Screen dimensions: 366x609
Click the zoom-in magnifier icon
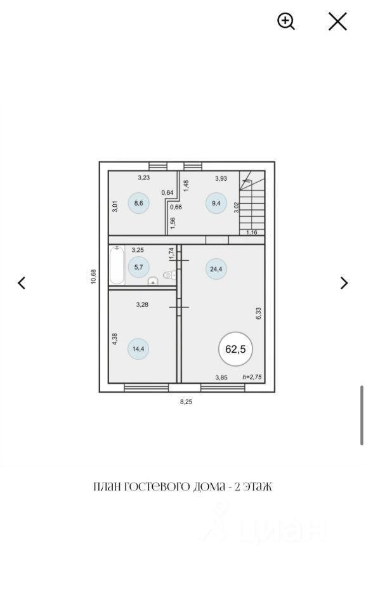tap(286, 21)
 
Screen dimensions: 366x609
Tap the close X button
tap(337, 21)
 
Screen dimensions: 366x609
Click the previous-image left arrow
tap(22, 283)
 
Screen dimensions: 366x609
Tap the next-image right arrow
tap(344, 283)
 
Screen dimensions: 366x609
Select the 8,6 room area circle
tap(138, 203)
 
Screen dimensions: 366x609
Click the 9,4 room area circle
tap(216, 203)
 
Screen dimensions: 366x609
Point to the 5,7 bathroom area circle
tap(138, 267)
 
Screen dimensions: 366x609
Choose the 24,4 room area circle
tap(216, 269)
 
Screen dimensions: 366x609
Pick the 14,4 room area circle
tap(138, 349)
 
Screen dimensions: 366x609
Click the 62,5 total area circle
tap(235, 349)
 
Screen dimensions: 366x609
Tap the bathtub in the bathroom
tap(117, 265)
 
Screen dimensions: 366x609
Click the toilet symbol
tap(169, 275)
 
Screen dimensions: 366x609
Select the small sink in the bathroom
tap(154, 281)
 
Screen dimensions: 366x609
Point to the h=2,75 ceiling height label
tap(252, 377)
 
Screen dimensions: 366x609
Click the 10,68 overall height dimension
tap(93, 277)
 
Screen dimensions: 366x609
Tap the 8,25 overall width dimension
tap(186, 402)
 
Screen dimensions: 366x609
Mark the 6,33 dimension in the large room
tap(259, 313)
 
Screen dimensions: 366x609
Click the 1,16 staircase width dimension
tap(252, 232)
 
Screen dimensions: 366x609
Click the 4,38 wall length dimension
tap(115, 339)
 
